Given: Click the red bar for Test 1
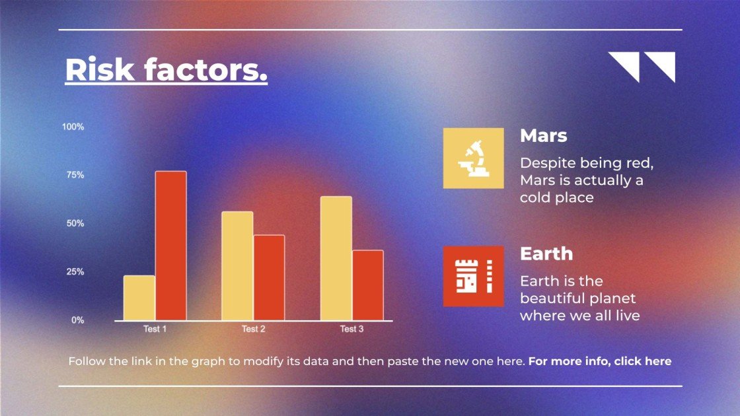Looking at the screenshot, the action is coord(171,246).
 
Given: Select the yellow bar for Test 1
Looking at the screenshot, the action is coord(139,298).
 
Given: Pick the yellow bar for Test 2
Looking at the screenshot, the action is coord(237,266).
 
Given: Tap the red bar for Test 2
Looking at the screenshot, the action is coord(269,278).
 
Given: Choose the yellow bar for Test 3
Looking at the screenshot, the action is coord(336,258).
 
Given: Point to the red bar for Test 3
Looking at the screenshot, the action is coord(367,285).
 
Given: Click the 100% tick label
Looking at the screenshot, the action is coord(73,127).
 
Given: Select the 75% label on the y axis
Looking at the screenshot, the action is coord(75,175).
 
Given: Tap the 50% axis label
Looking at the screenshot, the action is coord(75,223).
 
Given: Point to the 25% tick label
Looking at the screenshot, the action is coord(75,271).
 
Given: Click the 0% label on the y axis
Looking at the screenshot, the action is coord(78,320).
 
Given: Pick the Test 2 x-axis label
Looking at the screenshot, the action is coord(254,329).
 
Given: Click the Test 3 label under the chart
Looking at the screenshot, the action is coord(352,329).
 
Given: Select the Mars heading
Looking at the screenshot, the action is coord(544,136).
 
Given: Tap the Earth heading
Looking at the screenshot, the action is coord(546,254).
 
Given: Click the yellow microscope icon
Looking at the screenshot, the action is coord(473,158).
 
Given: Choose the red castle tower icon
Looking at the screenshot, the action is coord(473,277).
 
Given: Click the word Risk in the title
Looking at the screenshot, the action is coord(100,70).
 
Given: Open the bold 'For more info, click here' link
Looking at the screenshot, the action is coord(600,361).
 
